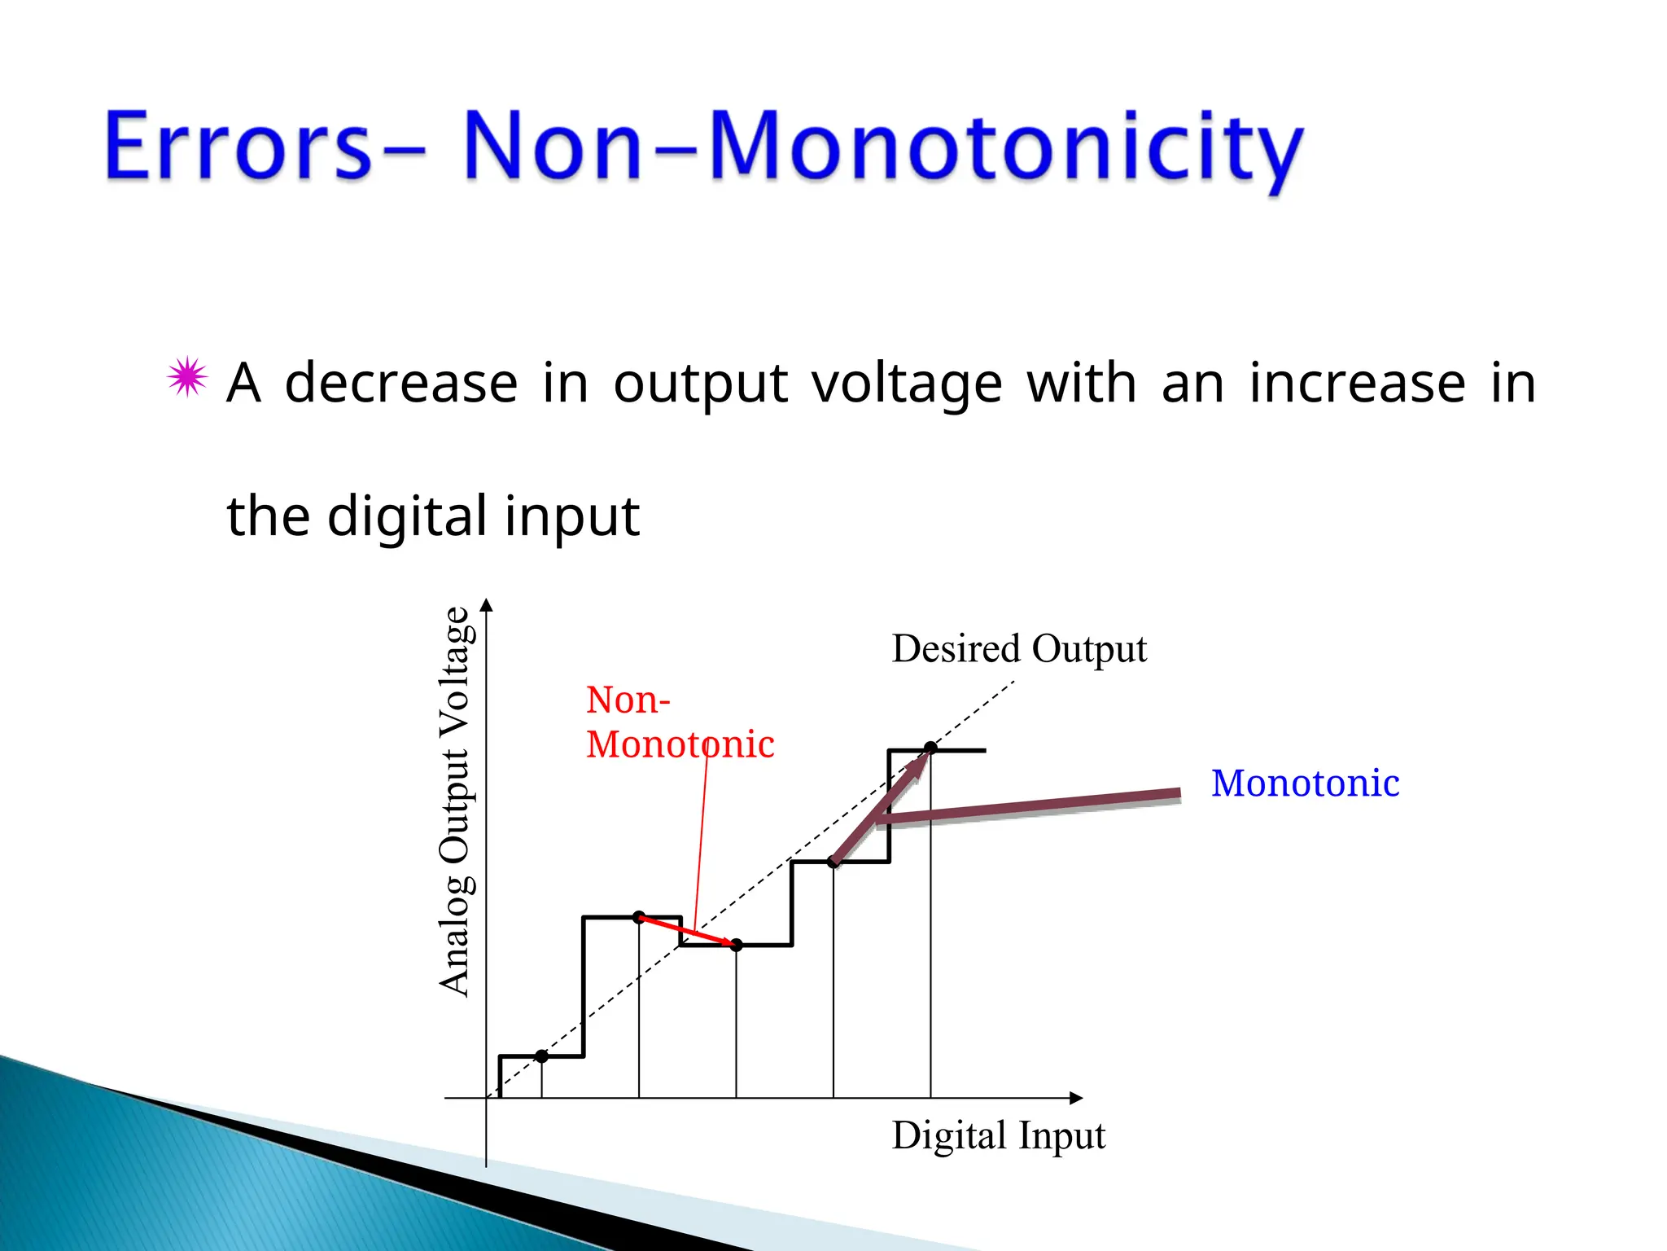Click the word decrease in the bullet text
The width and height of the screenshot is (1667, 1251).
click(x=401, y=382)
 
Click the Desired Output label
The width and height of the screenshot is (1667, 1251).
click(x=1019, y=649)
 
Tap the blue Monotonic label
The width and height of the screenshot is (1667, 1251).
click(x=1305, y=784)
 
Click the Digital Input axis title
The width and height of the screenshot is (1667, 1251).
click(x=999, y=1135)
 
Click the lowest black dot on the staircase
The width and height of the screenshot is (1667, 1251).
click(x=542, y=1056)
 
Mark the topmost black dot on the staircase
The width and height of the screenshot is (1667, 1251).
click(x=930, y=748)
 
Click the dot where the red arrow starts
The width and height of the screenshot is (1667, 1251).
click(x=639, y=917)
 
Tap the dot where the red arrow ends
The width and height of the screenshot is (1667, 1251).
click(x=736, y=945)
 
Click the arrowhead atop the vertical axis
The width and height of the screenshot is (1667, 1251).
click(x=487, y=604)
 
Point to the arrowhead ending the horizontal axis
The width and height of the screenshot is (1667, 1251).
click(x=1076, y=1098)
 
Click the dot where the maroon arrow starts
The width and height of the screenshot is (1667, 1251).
click(x=833, y=862)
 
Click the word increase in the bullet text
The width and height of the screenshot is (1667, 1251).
click(x=1357, y=382)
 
